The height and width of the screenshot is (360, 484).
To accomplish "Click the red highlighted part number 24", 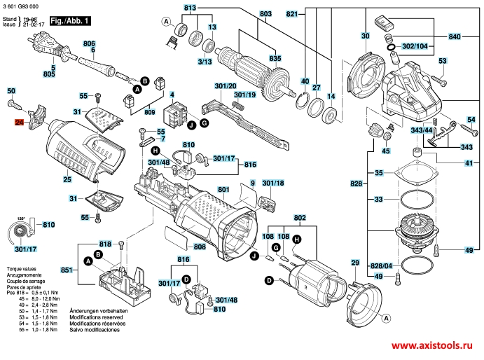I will point(19,123).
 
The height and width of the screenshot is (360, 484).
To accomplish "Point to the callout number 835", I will point(275,58).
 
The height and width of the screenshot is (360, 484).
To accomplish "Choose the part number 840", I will point(455,36).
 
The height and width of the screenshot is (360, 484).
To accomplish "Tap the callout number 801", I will point(223,189).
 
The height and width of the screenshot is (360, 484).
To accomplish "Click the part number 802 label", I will point(300,218).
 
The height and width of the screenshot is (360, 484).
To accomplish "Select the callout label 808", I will point(199,247).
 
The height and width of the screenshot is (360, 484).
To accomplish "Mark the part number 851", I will point(67,270).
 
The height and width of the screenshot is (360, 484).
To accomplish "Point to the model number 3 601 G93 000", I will point(22,6).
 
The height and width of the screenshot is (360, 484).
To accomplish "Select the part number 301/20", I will point(226,86).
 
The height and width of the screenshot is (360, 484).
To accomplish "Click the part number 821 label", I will point(292,14).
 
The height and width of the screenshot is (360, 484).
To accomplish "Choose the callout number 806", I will point(89,44).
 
